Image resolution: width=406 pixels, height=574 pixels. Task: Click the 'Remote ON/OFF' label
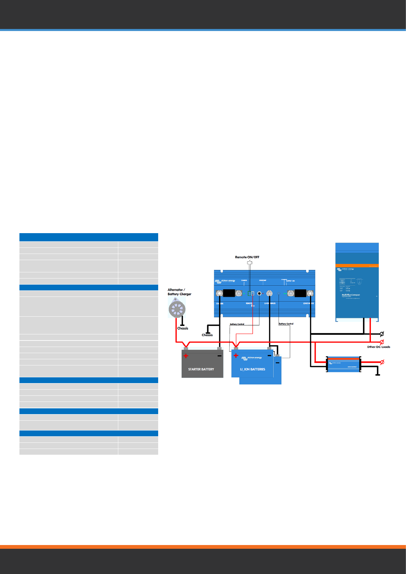click(x=247, y=257)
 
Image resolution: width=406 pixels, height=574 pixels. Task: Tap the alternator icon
click(x=177, y=309)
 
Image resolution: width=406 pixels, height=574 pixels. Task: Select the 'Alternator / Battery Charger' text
click(x=179, y=292)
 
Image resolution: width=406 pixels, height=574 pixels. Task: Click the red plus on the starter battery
click(x=186, y=356)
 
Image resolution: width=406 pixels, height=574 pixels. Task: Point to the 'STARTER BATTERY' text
click(x=201, y=369)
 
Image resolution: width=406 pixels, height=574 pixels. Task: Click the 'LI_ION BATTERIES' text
click(x=253, y=369)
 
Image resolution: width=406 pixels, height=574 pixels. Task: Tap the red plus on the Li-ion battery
click(x=236, y=356)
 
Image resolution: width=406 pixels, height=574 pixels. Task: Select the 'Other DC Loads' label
click(x=378, y=347)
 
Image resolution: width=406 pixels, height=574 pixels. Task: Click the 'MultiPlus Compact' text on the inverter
click(x=351, y=295)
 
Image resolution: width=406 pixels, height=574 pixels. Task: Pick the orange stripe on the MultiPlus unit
click(x=357, y=266)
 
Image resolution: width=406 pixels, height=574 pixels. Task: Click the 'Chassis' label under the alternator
click(x=183, y=328)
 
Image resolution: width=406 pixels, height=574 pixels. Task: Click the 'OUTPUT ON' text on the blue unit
click(x=290, y=281)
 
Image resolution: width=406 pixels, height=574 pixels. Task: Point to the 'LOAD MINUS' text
click(x=309, y=303)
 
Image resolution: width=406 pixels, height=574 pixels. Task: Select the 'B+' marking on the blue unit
click(x=253, y=306)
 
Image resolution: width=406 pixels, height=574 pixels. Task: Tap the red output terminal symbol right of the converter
click(x=382, y=362)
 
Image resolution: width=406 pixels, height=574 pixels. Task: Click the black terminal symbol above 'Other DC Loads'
click(x=382, y=334)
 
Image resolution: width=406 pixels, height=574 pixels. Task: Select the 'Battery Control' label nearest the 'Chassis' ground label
click(x=237, y=324)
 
